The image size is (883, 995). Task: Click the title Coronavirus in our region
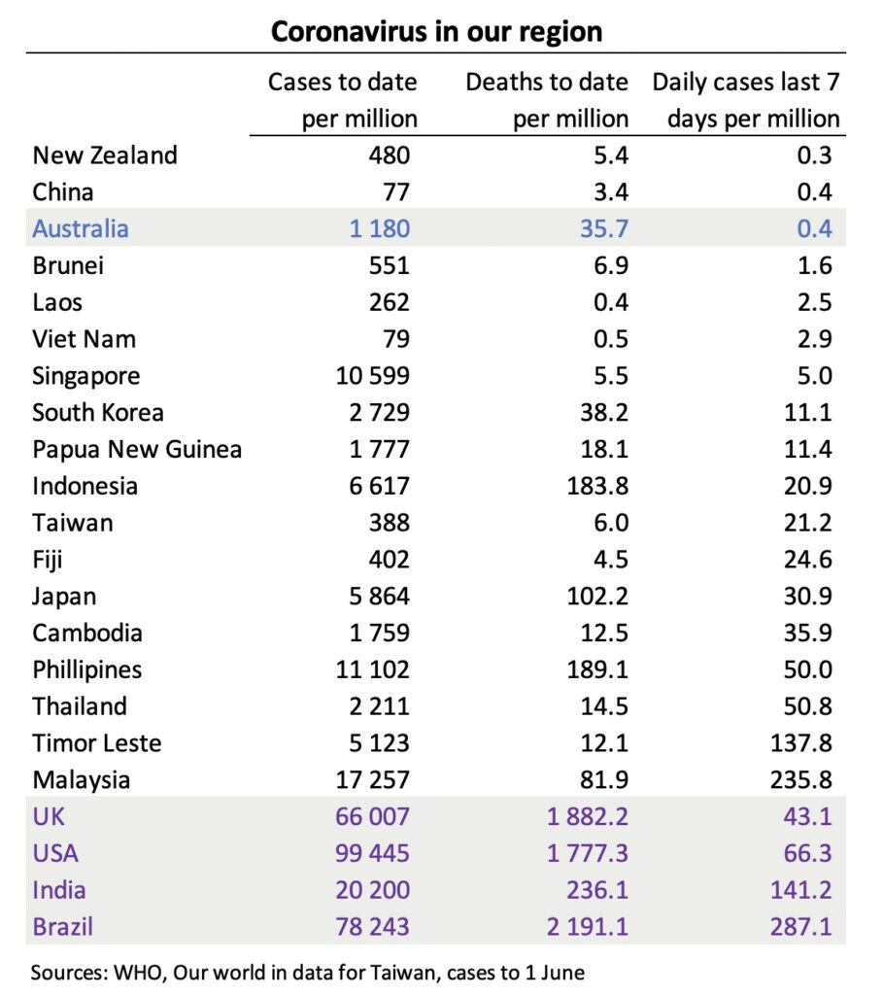436,30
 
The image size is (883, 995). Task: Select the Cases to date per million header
342,100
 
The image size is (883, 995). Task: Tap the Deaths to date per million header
546,100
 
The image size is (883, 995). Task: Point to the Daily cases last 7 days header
745,100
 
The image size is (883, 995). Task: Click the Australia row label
80,229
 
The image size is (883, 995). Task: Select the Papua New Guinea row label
136,450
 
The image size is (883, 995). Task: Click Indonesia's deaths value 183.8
597,487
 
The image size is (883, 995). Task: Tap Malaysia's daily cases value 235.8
798,780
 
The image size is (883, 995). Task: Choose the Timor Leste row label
96,743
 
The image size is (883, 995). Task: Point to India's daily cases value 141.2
798,890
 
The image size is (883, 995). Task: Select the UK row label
49,817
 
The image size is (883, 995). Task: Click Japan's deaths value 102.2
597,597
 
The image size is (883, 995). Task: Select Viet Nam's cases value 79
393,339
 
